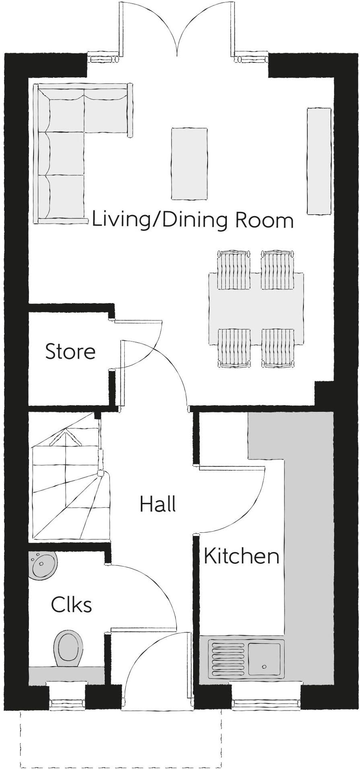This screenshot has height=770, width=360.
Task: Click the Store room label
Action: click(70, 351)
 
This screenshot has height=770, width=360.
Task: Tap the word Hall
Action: click(158, 504)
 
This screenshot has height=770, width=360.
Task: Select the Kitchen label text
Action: click(241, 556)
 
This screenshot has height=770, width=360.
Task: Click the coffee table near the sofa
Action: click(189, 163)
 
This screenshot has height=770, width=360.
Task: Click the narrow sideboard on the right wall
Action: click(319, 161)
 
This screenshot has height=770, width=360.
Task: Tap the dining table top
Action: click(256, 309)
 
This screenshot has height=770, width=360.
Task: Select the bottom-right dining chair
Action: click(278, 348)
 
